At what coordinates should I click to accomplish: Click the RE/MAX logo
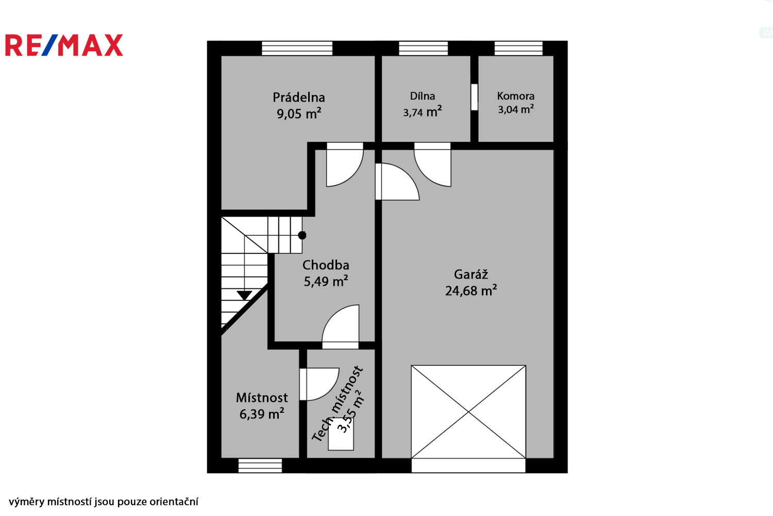[x=64, y=45]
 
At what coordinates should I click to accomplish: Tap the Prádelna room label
[x=299, y=98]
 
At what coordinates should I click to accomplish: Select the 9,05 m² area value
[x=299, y=114]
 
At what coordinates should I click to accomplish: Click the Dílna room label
[x=423, y=96]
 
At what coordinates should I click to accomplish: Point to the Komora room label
[x=515, y=96]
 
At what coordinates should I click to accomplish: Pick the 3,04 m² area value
[x=515, y=109]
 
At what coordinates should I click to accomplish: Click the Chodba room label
[x=326, y=265]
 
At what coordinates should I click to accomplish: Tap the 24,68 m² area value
[x=470, y=291]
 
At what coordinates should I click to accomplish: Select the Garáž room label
[x=470, y=274]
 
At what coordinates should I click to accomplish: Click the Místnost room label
[x=262, y=398]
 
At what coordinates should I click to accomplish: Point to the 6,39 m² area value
[x=262, y=414]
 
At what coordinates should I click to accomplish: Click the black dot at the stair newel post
[x=302, y=235]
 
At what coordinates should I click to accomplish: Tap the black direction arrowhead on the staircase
[x=244, y=296]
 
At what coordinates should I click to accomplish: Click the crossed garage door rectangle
[x=468, y=412]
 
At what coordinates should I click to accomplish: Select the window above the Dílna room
[x=424, y=49]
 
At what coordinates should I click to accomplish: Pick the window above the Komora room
[x=518, y=49]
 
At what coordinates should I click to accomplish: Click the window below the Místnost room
[x=260, y=465]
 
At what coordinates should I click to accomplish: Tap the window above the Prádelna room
[x=297, y=49]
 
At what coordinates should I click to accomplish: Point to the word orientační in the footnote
[x=174, y=502]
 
